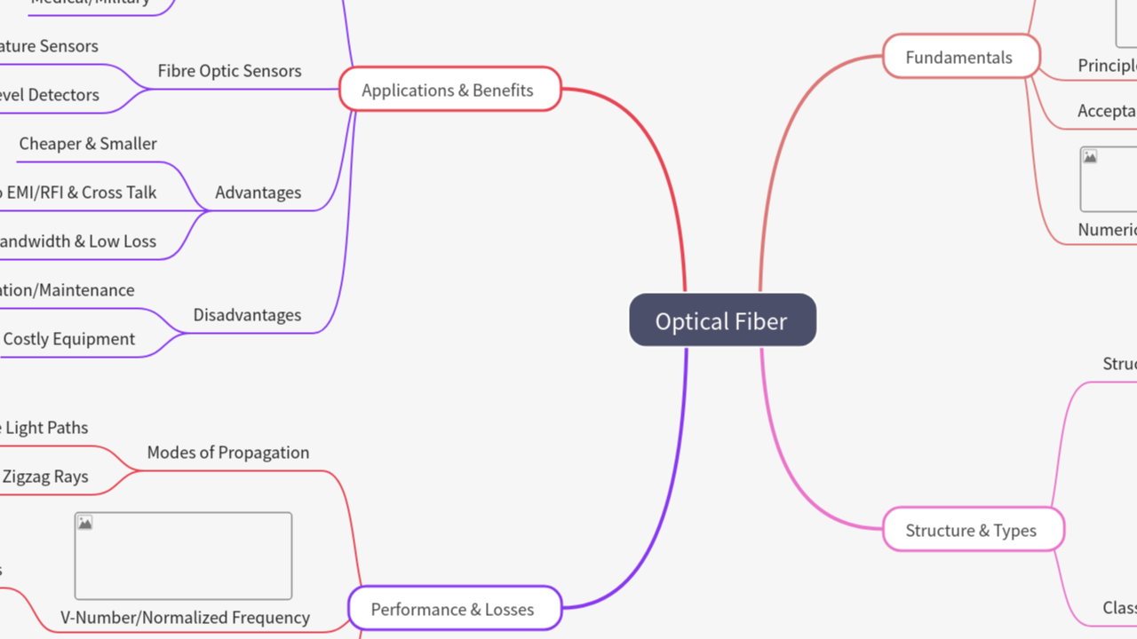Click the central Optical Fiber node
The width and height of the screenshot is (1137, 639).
722,320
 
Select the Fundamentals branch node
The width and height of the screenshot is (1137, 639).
960,57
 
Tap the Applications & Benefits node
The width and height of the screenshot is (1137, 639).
449,90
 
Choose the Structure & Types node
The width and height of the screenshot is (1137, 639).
972,530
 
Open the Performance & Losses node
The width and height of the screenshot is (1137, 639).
454,609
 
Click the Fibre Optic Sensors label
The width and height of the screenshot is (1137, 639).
229,71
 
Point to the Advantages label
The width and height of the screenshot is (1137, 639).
258,193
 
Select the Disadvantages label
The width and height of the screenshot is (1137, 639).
247,315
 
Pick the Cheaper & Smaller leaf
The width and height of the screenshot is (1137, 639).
88,144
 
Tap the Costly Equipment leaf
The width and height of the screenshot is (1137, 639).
69,339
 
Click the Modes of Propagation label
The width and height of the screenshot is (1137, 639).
228,453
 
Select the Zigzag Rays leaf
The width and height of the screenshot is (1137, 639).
45,477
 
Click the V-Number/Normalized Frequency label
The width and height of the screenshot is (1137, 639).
185,618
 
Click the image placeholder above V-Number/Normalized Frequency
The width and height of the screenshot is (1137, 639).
183,556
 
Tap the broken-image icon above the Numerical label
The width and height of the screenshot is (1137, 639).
1090,157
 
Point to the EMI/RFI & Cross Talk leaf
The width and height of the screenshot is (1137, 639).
80,193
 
